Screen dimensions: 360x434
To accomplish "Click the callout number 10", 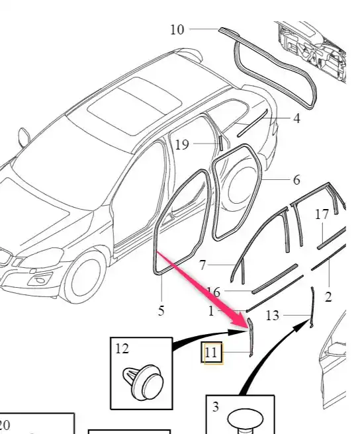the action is [x=177, y=30].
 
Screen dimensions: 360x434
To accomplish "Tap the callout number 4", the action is [x=296, y=118].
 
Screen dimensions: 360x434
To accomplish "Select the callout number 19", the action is [x=182, y=144].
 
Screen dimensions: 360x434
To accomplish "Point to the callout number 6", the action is [x=296, y=180].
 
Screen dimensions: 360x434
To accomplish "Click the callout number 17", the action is [x=322, y=214].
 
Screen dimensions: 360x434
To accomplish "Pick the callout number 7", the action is [x=202, y=265].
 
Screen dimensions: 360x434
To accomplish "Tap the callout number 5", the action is [x=161, y=310].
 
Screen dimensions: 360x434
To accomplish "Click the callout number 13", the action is [x=272, y=316].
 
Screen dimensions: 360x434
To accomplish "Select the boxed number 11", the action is [x=211, y=353].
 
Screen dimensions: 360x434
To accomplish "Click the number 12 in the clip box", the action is [x=122, y=349].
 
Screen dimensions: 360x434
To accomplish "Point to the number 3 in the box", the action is [x=216, y=407].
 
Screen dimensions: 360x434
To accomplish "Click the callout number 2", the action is [x=328, y=297].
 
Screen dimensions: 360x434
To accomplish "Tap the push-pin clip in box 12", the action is [x=143, y=382].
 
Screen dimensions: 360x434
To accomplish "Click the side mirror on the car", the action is [x=24, y=138].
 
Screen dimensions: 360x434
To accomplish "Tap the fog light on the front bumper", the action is [x=41, y=280].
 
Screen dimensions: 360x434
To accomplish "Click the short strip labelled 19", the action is [x=221, y=143].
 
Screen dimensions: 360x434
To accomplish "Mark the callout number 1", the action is [x=211, y=311].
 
